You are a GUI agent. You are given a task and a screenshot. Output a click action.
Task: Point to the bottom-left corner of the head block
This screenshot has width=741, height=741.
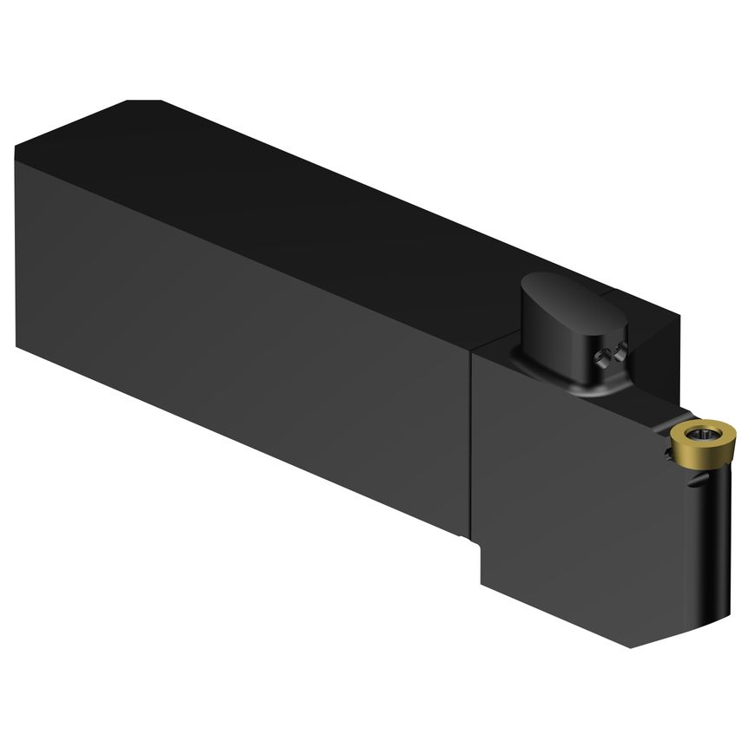[483, 584]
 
